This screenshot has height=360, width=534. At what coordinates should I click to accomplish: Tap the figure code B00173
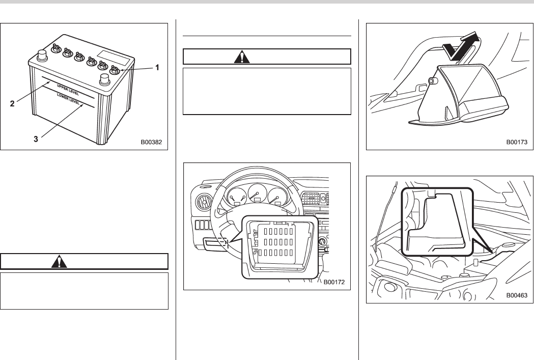(x=518, y=143)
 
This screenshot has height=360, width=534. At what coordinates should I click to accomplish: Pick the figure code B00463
(x=518, y=294)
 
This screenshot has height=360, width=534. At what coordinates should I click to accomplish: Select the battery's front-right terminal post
(x=105, y=79)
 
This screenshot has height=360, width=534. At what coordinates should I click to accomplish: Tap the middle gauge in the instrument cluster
(x=256, y=196)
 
